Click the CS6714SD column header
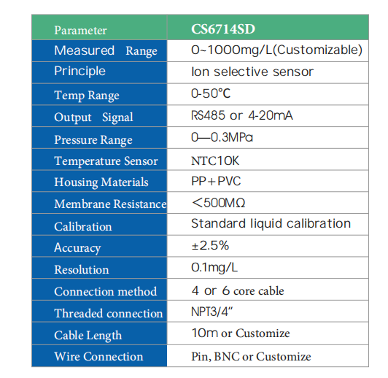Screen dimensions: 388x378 pos(223,29)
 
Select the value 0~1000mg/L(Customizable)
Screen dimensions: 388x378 pos(276,50)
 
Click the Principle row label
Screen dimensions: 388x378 pos(79,72)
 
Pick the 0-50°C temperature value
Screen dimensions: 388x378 pos(211,93)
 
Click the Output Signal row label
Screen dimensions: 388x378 pos(93,117)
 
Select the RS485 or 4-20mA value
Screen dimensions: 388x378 pos(241,115)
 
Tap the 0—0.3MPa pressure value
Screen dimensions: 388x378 pos(222,137)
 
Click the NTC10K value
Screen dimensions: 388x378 pos(215,161)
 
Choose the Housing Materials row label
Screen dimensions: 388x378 pos(101,182)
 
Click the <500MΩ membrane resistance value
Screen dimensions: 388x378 pos(219,203)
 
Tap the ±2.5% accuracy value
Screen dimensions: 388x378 pos(210,245)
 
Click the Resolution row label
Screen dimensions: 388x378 pos(82,269)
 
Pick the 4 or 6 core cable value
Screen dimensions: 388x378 pos(238,290)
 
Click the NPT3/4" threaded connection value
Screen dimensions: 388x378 pos(212,312)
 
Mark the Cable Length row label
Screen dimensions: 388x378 pos(88,336)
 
